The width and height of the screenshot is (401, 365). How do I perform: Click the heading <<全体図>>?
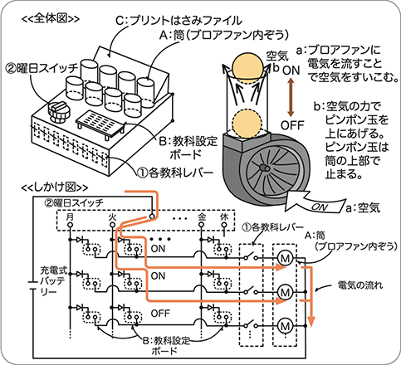pos(51,18)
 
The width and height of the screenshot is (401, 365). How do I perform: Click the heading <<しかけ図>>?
pos(55,187)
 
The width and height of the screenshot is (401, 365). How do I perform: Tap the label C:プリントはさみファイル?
pos(178,21)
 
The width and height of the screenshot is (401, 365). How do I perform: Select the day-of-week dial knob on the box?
pos(58,112)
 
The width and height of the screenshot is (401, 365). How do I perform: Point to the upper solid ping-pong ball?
pos(247,68)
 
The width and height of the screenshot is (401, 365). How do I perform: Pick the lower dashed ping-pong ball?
pos(247,124)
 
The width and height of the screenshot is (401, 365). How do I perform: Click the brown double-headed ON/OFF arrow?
pos(291,97)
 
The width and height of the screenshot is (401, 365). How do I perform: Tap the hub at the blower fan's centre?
pos(265,168)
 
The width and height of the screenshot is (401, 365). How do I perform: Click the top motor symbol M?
pos(285,258)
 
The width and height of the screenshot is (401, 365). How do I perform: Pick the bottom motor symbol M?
pos(285,326)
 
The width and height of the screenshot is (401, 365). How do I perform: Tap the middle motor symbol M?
pos(285,292)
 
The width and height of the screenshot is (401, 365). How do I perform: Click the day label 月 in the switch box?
pos(70,217)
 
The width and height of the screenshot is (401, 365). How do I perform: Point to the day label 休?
pos(224,217)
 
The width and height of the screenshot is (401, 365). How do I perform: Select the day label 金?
pos(202,217)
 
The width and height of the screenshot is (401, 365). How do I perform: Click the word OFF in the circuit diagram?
pos(160,314)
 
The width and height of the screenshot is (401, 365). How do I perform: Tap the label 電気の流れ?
pos(360,285)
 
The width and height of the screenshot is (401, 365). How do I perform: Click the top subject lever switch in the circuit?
pos(251,256)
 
